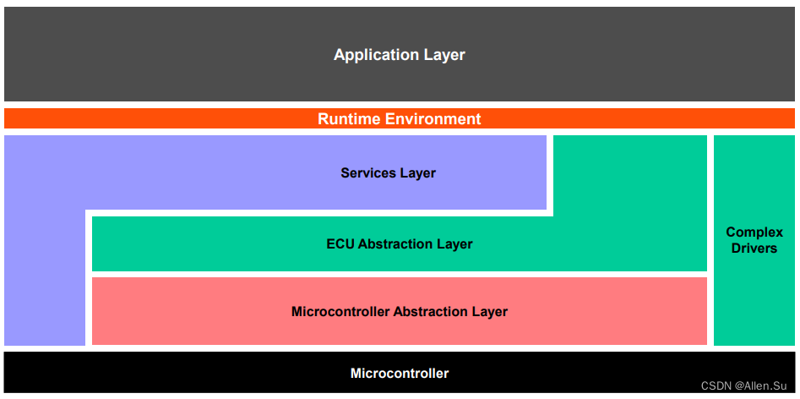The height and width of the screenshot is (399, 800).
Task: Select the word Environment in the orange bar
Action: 432,119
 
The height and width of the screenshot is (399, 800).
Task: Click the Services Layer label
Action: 388,173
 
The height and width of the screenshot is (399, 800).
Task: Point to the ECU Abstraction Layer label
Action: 400,244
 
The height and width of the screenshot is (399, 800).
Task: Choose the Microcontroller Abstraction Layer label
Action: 400,312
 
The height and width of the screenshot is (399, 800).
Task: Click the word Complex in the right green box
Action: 754,232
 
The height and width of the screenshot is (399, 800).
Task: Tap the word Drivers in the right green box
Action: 754,249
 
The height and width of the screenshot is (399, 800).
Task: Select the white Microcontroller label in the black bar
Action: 400,374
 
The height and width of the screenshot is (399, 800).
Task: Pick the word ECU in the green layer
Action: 340,244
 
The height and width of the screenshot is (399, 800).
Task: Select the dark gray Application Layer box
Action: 169,56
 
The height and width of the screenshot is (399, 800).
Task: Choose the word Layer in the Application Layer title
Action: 445,56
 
